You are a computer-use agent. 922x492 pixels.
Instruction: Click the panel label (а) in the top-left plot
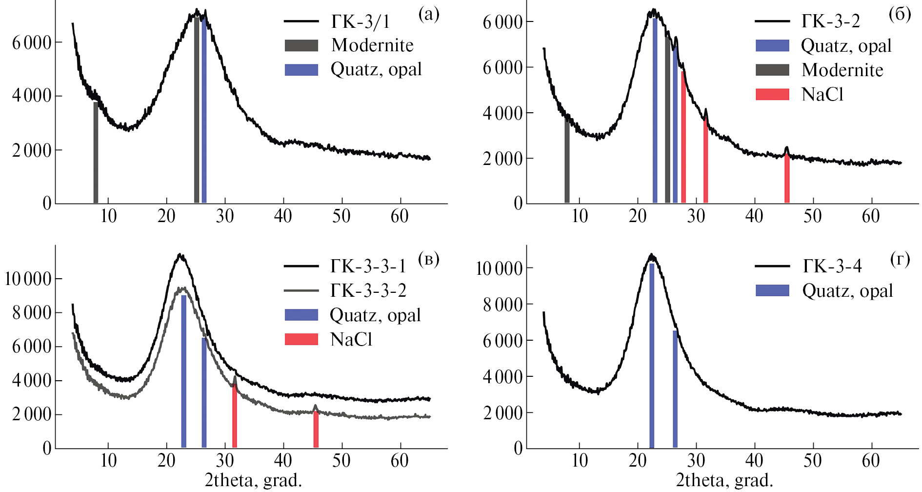pos(429,14)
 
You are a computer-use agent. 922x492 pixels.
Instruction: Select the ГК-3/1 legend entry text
pos(361,21)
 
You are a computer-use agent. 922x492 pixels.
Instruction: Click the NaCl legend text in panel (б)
pos(822,94)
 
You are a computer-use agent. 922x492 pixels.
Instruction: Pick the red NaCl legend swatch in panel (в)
pos(301,339)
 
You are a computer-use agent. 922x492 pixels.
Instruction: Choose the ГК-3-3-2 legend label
pos(368,290)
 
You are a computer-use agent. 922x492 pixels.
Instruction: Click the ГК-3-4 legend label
pos(832,266)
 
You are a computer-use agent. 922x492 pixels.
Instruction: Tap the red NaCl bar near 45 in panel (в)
pos(316,430)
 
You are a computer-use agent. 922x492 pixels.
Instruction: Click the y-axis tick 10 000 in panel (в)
pos(28,279)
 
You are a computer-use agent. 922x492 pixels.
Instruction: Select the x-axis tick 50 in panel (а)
pos(341,216)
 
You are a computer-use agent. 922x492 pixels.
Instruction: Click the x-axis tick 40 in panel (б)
pos(754,216)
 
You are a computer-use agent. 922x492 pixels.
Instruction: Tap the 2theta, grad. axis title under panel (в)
pos(253,481)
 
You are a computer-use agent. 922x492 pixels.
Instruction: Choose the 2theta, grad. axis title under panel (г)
pos(724,481)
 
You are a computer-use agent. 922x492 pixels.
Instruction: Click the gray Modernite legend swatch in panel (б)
pos(772,70)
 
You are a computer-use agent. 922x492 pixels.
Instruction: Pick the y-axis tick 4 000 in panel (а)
pos(32,96)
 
